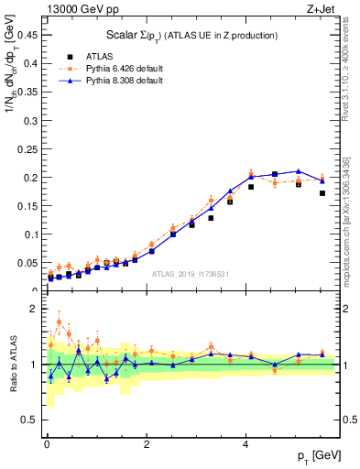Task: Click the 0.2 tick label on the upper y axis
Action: click(32, 177)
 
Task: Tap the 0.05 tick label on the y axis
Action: click(28, 262)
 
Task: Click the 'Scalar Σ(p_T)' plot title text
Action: click(191, 35)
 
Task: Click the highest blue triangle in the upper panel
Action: click(298, 171)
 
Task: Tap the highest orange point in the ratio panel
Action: click(60, 322)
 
